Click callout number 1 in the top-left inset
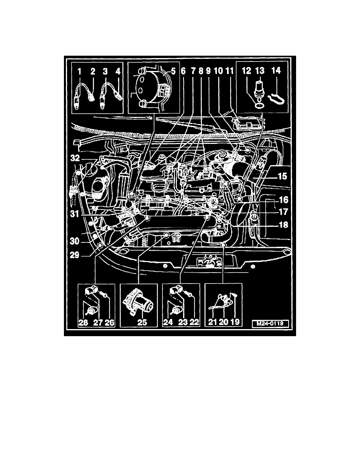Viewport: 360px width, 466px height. click(x=79, y=71)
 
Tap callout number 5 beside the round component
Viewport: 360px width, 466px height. click(x=173, y=71)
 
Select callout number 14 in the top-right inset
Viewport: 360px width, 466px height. click(x=276, y=71)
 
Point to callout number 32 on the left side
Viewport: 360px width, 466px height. click(x=75, y=158)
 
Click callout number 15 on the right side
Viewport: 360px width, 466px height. click(x=282, y=176)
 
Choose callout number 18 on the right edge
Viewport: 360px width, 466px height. click(x=284, y=225)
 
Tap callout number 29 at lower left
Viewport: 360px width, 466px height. click(x=75, y=255)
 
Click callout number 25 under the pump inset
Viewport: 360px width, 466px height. click(x=142, y=322)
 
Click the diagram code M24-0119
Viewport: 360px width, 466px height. click(x=270, y=323)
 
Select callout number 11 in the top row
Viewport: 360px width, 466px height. click(x=229, y=71)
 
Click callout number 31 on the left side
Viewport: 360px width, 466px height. click(x=75, y=213)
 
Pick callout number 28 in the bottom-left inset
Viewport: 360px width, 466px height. click(x=83, y=322)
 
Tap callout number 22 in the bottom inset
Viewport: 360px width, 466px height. click(x=194, y=322)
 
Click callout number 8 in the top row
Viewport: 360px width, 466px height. click(x=201, y=71)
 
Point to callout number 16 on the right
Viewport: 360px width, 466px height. click(x=284, y=199)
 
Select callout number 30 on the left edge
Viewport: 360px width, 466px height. click(x=75, y=241)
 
